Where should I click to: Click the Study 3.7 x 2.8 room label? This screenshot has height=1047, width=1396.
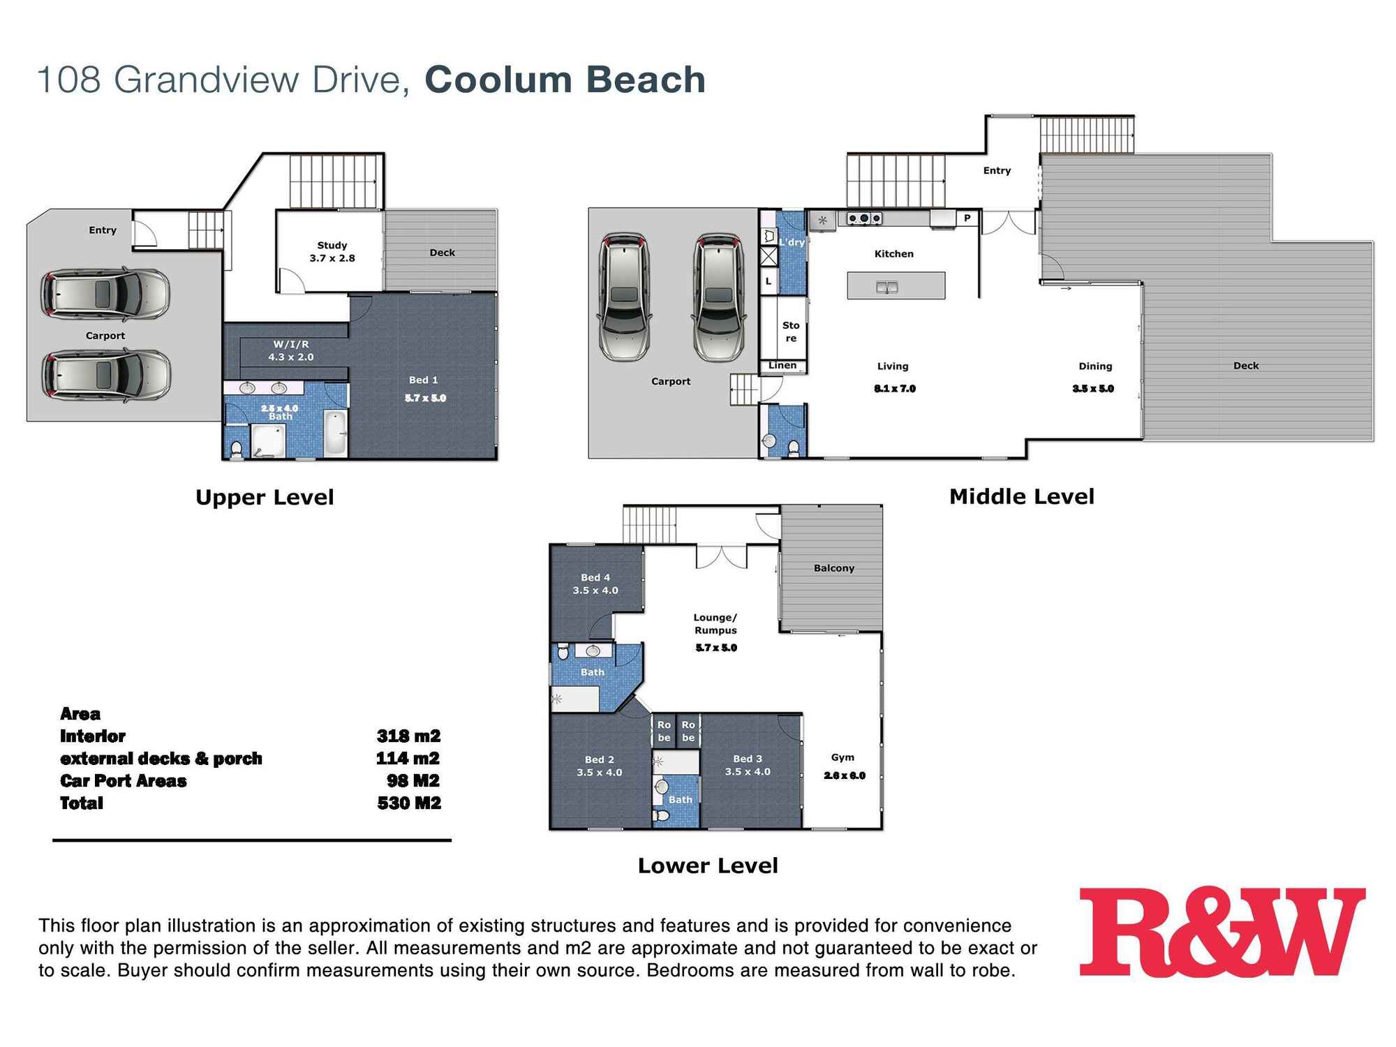point(332,252)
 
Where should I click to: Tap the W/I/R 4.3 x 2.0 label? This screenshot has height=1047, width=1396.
point(291,350)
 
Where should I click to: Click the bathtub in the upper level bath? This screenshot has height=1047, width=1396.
point(336,433)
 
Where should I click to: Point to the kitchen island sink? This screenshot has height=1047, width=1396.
point(886,287)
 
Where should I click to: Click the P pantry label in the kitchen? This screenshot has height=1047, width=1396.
point(967,218)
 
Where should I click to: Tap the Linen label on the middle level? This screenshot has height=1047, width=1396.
point(782,366)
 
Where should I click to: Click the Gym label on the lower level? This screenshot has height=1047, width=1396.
point(842,757)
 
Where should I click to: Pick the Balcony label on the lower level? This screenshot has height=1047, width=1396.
point(833,568)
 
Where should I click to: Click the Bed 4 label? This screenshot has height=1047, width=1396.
point(595,584)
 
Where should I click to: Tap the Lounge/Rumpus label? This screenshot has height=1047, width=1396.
point(715,624)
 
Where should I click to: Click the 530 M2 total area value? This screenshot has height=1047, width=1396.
point(409,803)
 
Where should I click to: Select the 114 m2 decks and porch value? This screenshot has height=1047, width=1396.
point(408,759)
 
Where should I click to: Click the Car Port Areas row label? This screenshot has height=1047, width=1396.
point(124,781)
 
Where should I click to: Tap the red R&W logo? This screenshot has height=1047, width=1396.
point(1221,932)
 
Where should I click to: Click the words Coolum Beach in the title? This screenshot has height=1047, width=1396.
point(565,80)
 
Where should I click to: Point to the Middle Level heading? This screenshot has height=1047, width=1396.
point(1021,497)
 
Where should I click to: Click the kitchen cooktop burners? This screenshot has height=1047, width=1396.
point(864,218)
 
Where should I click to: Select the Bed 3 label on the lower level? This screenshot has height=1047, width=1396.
point(748,765)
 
